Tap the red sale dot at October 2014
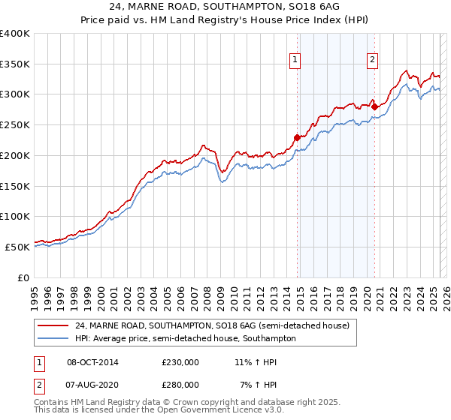[297, 137]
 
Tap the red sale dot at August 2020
[374, 106]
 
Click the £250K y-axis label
[15, 125]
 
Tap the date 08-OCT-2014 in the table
[92, 361]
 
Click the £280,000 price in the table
[180, 384]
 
